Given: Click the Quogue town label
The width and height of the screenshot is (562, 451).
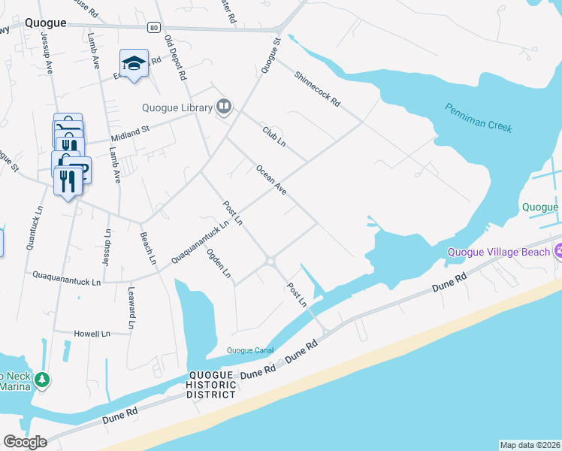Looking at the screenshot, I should coord(44,23).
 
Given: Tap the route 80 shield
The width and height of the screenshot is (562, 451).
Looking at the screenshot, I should coord(154,28).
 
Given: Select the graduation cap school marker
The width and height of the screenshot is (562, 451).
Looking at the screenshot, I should coord(134,64).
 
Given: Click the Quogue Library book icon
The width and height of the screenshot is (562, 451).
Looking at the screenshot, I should coord(223,107).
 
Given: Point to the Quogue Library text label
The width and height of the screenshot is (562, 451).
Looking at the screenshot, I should coord(180,108).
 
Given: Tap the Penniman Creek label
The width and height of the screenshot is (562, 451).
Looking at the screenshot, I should coord(479,118).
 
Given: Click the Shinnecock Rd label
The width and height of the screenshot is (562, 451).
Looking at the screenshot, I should coord(318,88).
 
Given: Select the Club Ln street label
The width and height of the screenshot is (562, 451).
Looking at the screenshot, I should coord(274,136).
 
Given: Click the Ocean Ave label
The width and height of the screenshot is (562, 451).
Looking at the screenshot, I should coord(271,180).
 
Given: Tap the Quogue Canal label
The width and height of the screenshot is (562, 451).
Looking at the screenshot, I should coord(250,350).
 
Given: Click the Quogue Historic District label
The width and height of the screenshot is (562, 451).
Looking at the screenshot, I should coord(211,386).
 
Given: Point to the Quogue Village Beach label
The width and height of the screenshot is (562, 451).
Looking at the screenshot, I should coord(498,253).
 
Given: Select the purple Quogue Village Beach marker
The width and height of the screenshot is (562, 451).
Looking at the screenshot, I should coord(557,250).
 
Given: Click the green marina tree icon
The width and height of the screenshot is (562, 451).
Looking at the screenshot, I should coord(44,380).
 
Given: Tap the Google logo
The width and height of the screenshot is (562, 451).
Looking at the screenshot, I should coord(25,442).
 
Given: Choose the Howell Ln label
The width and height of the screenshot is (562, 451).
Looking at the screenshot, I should coord(92,333).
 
